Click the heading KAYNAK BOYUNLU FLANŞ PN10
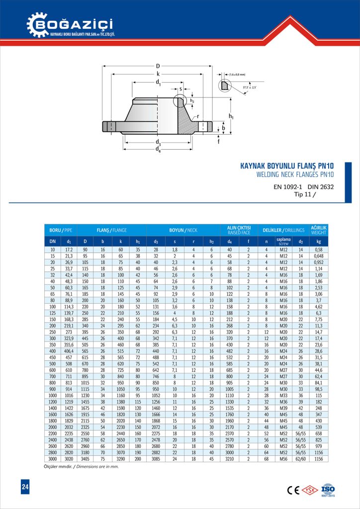[x=286, y=166]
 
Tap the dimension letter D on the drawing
[x=158, y=66]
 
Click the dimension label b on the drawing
[x=224, y=128]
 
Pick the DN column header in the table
[x=52, y=241]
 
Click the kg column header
[x=318, y=241]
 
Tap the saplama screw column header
[x=283, y=241]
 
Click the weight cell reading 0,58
[x=318, y=249]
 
